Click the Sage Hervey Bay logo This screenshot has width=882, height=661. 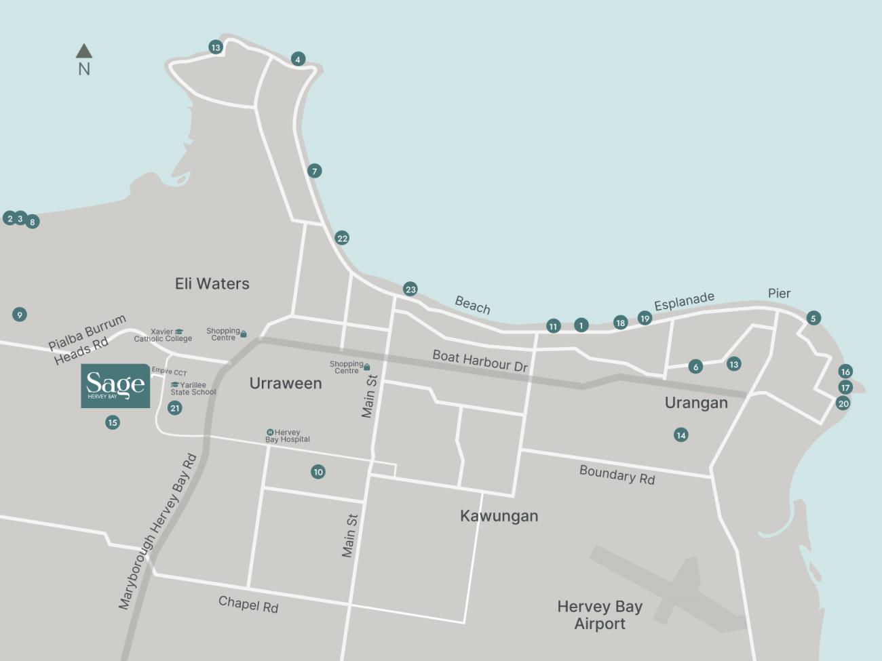pos(115,386)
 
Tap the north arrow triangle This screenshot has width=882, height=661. pos(84,51)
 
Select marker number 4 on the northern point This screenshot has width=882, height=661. pos(297,59)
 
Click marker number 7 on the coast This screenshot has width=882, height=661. pos(314,171)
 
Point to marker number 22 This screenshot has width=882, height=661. pos(342,238)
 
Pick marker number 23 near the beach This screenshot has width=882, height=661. pos(410,289)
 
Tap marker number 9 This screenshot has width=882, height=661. pos(20,315)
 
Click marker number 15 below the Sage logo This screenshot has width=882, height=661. pos(113,422)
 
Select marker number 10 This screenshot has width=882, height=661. pos(318,472)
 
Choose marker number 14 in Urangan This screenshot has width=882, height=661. pos(681,435)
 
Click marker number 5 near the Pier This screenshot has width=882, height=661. pos(813,318)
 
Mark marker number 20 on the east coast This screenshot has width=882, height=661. pos(843,403)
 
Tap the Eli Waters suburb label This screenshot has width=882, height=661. pos(212,283)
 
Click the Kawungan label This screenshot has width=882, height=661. pos(499,516)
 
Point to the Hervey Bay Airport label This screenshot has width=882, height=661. pos(600,615)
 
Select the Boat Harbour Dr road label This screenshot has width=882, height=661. pos(480,361)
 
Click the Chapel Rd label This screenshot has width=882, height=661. pos(248,604)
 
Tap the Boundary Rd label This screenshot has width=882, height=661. pos(617,475)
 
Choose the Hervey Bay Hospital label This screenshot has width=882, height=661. pos(288,436)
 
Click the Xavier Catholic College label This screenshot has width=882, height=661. pos(163,335)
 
